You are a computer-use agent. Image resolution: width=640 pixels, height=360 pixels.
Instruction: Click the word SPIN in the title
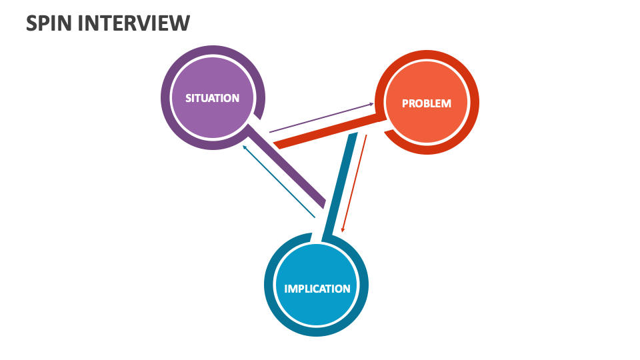tap(49, 23)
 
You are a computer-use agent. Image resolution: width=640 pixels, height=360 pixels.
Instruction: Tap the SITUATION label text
tap(212, 98)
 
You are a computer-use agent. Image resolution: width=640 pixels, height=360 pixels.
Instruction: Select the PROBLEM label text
tap(427, 103)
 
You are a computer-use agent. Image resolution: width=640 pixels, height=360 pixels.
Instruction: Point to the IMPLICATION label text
tap(317, 289)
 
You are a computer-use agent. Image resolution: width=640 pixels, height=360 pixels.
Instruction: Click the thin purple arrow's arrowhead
tap(371, 104)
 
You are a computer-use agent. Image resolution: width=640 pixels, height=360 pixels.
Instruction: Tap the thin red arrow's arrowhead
tap(343, 229)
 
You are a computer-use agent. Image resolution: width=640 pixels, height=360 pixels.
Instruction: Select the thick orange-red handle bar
tap(327, 132)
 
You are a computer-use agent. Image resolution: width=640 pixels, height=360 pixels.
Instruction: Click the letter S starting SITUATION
tap(189, 98)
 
